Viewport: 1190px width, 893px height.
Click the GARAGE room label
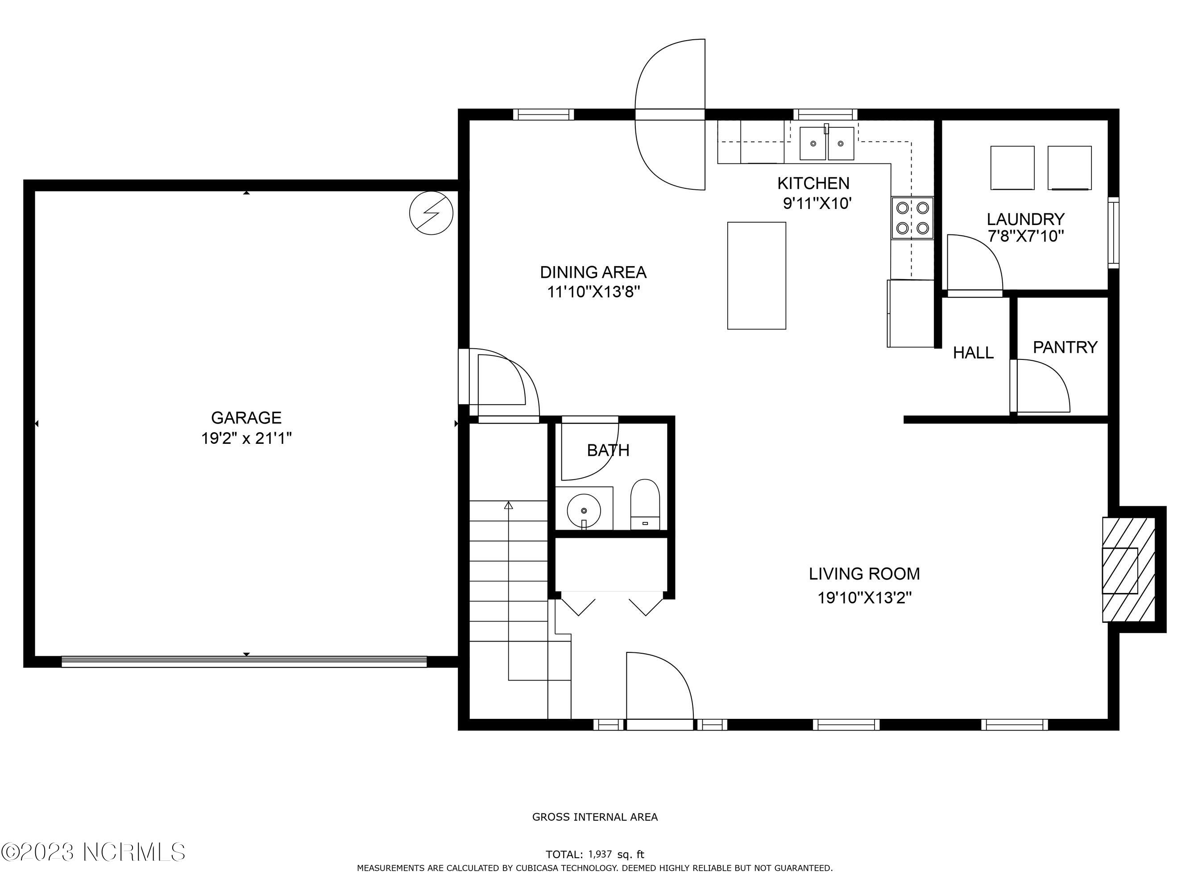246,418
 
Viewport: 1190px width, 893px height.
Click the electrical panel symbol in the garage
431,213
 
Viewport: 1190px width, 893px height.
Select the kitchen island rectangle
756,275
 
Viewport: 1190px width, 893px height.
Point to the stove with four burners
912,218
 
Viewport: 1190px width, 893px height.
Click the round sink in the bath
584,510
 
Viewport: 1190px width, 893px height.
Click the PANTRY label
1065,347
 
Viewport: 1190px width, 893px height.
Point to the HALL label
973,353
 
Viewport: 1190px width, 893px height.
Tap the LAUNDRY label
1025,219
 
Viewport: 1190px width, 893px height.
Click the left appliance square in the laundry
1012,168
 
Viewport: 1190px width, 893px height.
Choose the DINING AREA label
593,272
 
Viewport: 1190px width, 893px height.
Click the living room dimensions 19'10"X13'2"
865,597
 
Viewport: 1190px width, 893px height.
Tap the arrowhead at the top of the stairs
508,505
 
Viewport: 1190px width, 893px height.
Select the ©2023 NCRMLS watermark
94,852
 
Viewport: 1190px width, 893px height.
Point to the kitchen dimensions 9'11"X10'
817,204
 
